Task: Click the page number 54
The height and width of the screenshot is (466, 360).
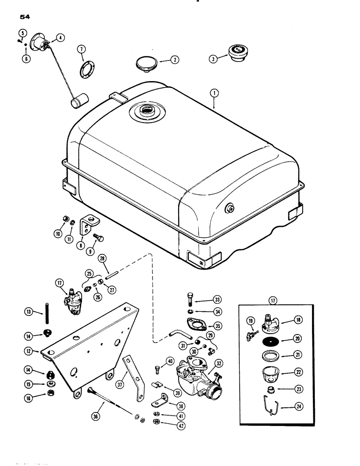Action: click(26, 18)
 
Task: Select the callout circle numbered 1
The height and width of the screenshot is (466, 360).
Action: click(213, 93)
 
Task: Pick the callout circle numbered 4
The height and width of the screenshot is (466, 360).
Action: click(61, 38)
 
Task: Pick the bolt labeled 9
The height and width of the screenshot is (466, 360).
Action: click(98, 238)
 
